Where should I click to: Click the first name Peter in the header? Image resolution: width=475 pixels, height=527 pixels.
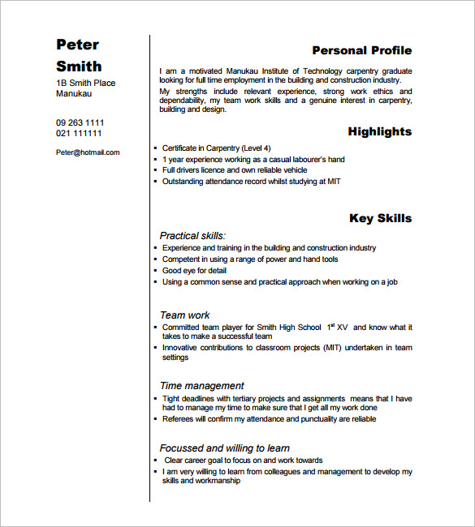coord(77,44)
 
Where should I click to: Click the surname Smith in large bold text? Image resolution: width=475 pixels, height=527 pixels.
coord(79,66)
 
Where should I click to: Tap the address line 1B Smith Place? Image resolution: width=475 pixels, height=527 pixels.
coord(85,83)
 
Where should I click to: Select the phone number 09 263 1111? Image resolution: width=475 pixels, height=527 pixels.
coord(80,122)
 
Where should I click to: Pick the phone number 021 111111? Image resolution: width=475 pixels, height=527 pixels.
coord(79,133)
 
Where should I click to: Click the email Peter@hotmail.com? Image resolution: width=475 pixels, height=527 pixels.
coord(88,152)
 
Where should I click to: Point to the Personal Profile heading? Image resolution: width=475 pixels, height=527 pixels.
coord(361,50)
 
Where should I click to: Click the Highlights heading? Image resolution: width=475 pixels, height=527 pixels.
coord(379,131)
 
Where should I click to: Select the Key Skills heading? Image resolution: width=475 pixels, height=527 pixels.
coord(380,218)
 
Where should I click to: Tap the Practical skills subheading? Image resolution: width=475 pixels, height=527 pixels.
coord(192,236)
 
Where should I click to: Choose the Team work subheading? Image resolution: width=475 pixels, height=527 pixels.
coord(184,315)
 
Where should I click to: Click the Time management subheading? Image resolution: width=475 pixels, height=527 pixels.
coord(201,386)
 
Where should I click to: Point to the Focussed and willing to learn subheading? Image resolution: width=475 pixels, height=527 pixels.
coord(224,448)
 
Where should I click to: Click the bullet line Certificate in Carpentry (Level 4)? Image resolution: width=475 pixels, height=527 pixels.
coord(217,148)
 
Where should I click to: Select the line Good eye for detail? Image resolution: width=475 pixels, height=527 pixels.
coord(194,271)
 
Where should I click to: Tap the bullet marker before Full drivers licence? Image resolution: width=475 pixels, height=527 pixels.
coord(154,171)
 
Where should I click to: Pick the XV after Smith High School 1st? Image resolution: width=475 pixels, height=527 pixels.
coord(342,328)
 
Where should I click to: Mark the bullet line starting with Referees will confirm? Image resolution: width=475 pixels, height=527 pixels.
coord(269,420)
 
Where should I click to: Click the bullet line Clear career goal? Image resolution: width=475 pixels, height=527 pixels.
coord(243,460)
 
